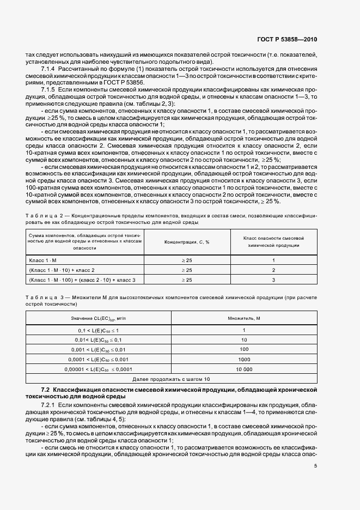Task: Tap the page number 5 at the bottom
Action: pyautogui.click(x=315, y=466)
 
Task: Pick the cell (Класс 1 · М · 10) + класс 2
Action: pyautogui.click(x=62, y=270)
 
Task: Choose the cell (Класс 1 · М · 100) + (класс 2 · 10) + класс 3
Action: pyautogui.click(x=82, y=280)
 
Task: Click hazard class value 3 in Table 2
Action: pyautogui.click(x=273, y=280)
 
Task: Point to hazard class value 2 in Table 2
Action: pyautogui.click(x=273, y=270)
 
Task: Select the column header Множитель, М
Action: pyautogui.click(x=244, y=318)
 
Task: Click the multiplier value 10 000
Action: pyautogui.click(x=244, y=369)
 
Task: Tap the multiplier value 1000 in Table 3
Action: pyautogui.click(x=244, y=359)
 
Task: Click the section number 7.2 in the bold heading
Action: pyautogui.click(x=46, y=390)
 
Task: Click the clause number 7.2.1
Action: pyautogui.click(x=49, y=406)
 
